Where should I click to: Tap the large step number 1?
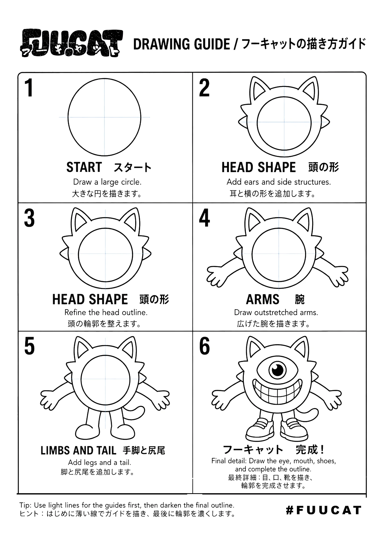tap(29, 88)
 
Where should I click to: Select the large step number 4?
tap(204, 218)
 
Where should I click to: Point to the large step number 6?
tap(204, 346)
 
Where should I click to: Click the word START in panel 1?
tap(84, 167)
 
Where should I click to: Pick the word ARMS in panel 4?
tap(263, 299)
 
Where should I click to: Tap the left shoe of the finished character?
tap(260, 430)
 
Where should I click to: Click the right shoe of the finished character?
tap(294, 430)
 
